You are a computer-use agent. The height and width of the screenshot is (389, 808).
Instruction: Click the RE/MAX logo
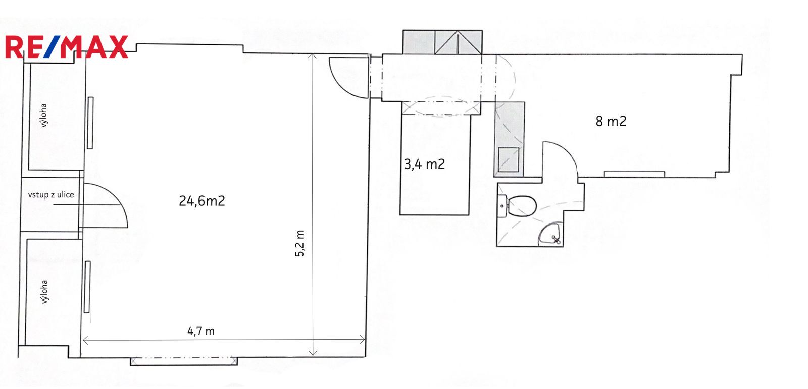click(67, 47)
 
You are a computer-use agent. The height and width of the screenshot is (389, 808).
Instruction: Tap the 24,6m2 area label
click(202, 201)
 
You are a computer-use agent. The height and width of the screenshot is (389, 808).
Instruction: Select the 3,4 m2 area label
click(424, 164)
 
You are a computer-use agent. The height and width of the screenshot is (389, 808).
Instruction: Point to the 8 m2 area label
click(611, 121)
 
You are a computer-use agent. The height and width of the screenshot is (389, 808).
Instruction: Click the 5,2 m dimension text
click(300, 243)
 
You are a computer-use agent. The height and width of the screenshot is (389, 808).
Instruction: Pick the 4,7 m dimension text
click(201, 331)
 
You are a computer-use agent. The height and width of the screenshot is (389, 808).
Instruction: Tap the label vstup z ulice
click(51, 195)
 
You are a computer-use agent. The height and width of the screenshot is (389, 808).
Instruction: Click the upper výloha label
click(43, 116)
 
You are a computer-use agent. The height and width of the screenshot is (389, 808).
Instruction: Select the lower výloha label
click(43, 292)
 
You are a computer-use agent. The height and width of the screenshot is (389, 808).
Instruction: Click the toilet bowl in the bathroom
click(521, 206)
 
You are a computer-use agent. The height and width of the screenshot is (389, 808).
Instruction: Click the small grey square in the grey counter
click(509, 159)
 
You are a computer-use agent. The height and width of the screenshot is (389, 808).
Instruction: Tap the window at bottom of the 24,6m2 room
click(184, 361)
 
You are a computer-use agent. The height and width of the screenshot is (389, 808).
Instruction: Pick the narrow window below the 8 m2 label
click(634, 174)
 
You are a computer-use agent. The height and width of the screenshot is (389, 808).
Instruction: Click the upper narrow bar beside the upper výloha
click(90, 123)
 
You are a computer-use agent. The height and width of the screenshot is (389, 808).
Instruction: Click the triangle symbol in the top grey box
click(458, 43)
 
